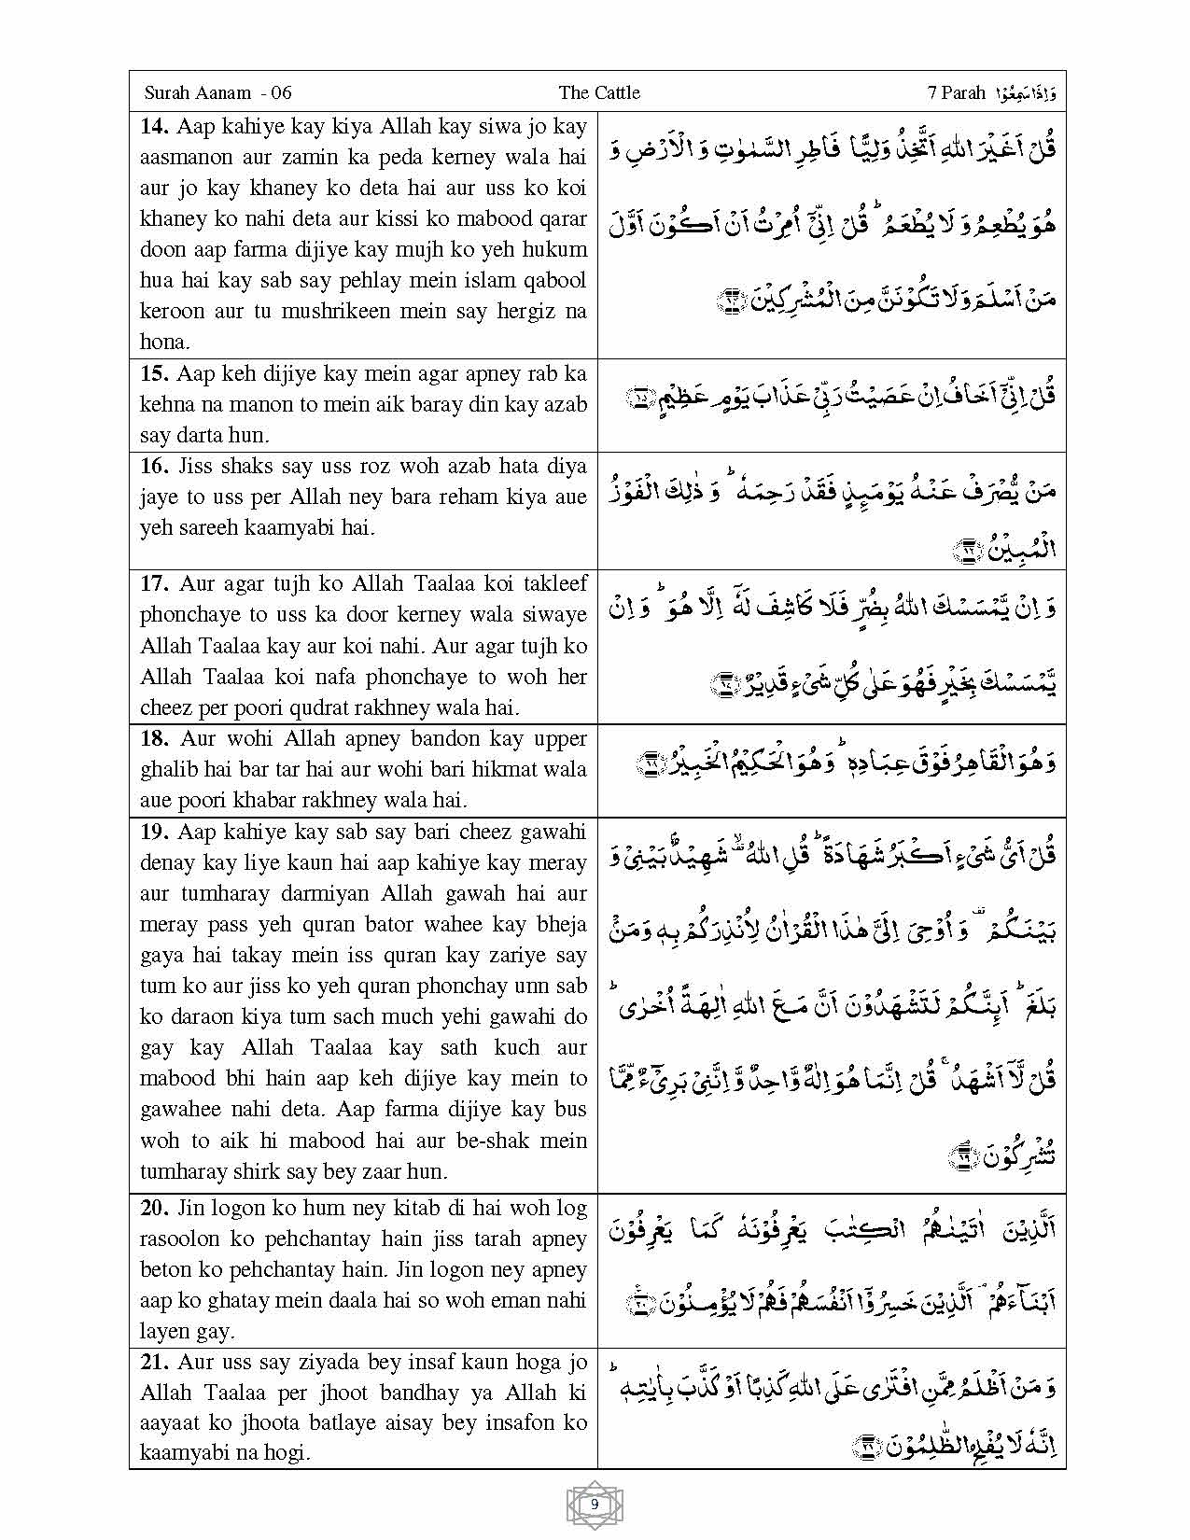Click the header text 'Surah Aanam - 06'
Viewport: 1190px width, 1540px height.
pyautogui.click(x=218, y=92)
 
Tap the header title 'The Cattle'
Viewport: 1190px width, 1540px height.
pyautogui.click(x=599, y=92)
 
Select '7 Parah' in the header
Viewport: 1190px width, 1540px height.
pyautogui.click(x=957, y=92)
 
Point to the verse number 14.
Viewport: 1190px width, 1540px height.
pyautogui.click(x=154, y=126)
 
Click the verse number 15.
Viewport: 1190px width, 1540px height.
pyautogui.click(x=154, y=373)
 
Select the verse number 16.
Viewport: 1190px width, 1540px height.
pyautogui.click(x=154, y=466)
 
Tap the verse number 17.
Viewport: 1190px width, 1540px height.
pyautogui.click(x=154, y=583)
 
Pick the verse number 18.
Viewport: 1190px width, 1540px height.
pyautogui.click(x=154, y=738)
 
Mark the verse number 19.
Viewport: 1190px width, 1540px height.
pyautogui.click(x=154, y=832)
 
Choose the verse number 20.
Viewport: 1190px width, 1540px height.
pyautogui.click(x=154, y=1208)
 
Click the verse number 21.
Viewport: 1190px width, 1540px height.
pyautogui.click(x=154, y=1362)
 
